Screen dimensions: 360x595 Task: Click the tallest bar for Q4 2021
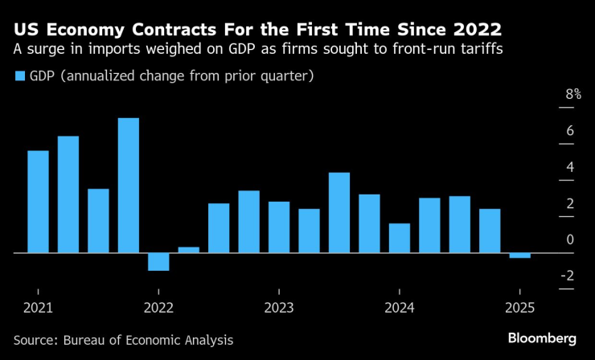pos(129,185)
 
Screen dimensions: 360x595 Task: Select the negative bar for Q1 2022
pos(158,261)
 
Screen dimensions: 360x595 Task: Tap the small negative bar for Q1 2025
pos(519,256)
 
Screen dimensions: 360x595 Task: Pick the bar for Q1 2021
pos(38,202)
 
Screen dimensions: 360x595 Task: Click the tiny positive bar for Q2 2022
pos(188,249)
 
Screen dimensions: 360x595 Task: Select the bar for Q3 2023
pos(339,212)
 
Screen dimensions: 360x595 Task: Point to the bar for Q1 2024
pos(399,238)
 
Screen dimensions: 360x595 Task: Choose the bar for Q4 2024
pos(489,231)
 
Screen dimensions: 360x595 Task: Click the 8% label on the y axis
pos(572,95)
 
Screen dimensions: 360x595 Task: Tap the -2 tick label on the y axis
pos(567,276)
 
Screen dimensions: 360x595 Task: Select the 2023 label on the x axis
pos(279,307)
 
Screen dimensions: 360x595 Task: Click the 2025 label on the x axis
pos(519,307)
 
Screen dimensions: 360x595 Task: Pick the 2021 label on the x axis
pos(38,307)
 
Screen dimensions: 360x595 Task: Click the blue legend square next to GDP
pos(19,77)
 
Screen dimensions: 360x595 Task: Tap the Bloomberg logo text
pos(543,338)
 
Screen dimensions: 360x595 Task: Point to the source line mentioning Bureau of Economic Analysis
pos(123,340)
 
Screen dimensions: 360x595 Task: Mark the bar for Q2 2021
pos(68,194)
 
